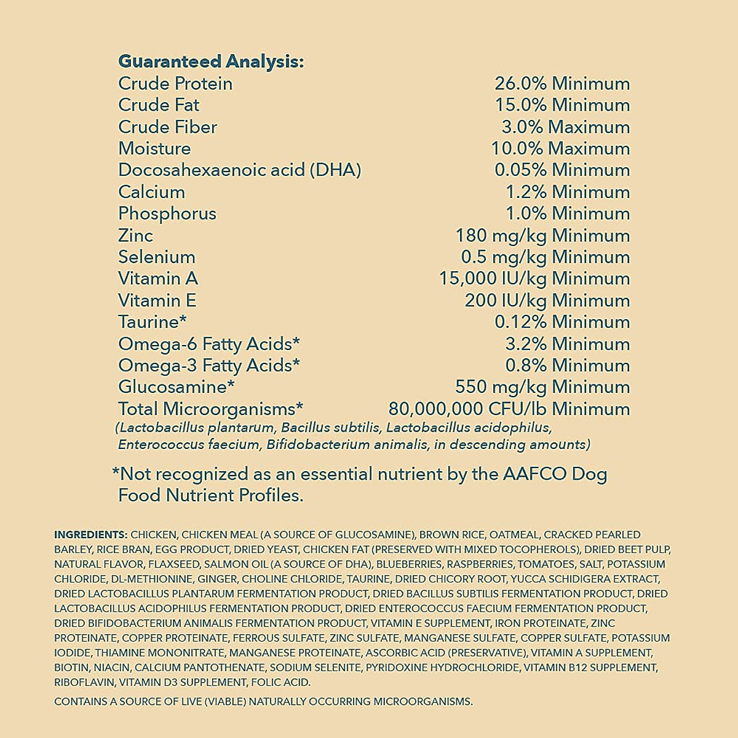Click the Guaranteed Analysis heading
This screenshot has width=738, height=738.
210,61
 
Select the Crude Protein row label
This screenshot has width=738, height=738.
175,84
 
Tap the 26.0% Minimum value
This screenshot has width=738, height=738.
562,84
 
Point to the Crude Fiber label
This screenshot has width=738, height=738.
167,127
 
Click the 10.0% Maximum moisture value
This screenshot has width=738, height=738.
560,149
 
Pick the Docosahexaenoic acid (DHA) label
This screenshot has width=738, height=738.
239,170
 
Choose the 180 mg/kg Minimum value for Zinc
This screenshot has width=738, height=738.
542,236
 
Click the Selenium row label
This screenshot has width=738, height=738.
156,257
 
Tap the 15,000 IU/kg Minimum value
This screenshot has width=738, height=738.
534,279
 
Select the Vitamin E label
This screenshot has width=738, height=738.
157,301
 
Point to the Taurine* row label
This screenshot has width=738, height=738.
152,322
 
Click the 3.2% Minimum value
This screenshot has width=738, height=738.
567,344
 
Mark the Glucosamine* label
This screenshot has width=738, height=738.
177,387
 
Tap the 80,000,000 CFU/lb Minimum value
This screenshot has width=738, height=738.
509,409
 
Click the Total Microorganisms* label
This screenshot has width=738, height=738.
211,409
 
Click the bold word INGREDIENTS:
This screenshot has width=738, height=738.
90,535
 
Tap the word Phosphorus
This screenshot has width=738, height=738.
167,214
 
